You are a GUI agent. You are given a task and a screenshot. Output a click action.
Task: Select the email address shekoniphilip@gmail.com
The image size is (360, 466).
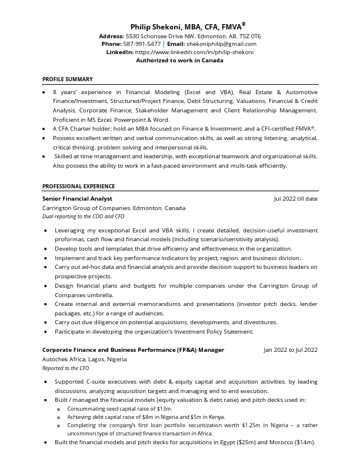[x=222, y=44]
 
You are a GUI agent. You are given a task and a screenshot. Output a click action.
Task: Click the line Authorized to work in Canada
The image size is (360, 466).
[x=179, y=60]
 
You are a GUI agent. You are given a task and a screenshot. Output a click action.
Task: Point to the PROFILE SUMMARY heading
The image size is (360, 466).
[x=68, y=79]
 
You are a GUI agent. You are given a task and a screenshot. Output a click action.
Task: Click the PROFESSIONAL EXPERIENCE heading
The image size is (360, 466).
[x=78, y=187]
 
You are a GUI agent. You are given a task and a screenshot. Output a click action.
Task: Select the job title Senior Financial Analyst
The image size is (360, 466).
[x=77, y=199]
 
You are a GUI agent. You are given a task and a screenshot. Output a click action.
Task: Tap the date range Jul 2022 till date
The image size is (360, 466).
[x=295, y=199]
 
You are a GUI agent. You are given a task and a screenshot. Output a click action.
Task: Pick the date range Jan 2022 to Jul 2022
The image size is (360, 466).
[x=290, y=350]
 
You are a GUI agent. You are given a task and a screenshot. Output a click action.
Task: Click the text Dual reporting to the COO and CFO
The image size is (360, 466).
[x=84, y=217]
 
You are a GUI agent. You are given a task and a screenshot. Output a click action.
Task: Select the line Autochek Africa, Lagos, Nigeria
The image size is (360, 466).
[x=84, y=359]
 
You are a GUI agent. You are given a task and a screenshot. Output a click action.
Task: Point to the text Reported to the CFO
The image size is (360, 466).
[x=66, y=368]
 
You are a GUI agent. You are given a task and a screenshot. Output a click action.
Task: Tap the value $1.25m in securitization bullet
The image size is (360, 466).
[x=251, y=425]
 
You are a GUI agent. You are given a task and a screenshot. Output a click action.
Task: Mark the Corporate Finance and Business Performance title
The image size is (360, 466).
[x=133, y=350]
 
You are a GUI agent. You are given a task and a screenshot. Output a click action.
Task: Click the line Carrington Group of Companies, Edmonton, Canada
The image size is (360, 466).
[x=114, y=208]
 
